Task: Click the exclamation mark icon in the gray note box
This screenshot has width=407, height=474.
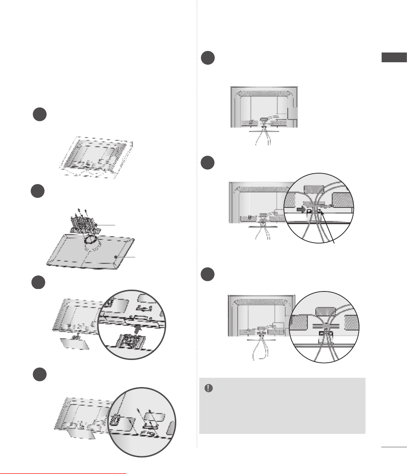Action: tap(209, 388)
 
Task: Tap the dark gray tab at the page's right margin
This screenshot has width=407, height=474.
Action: tap(394, 57)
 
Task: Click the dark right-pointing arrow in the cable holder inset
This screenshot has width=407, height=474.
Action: tap(300, 210)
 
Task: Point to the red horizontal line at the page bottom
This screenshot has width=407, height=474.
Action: tap(63, 473)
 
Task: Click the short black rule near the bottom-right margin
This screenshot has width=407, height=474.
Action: tap(393, 447)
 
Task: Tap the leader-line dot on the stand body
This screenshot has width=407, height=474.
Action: tap(96, 225)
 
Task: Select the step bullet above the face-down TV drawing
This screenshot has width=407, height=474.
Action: tap(40, 114)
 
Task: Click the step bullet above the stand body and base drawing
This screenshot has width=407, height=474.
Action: tap(38, 192)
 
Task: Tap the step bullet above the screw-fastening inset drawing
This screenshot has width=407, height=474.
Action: tap(40, 374)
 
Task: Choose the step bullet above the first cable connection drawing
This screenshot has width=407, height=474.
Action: tap(208, 58)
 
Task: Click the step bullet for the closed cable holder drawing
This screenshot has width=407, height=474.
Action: tap(208, 274)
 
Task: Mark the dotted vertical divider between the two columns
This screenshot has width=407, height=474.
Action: tap(197, 223)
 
